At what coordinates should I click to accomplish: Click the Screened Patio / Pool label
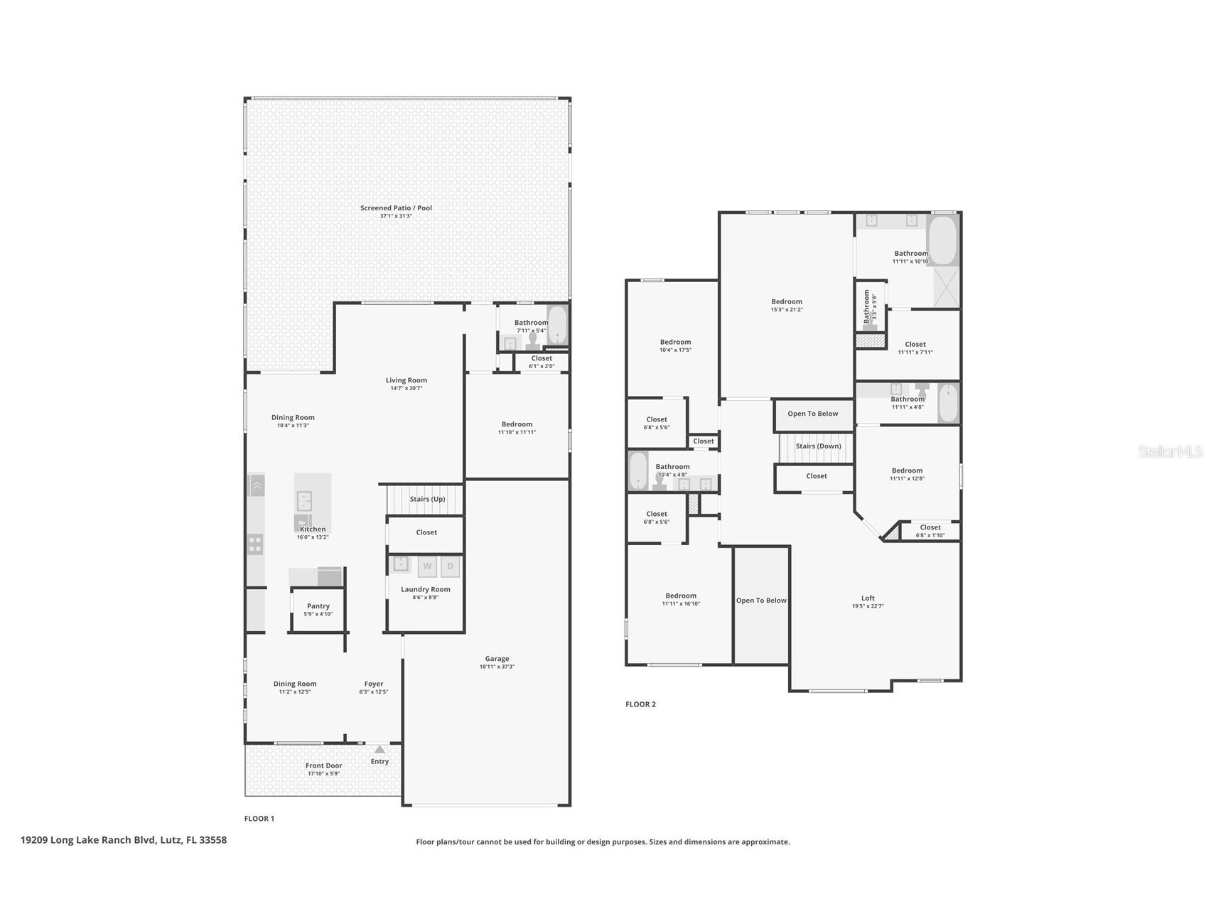pyautogui.click(x=396, y=208)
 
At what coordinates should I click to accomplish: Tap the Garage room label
pyautogui.click(x=497, y=659)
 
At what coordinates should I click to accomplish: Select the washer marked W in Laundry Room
pyautogui.click(x=427, y=566)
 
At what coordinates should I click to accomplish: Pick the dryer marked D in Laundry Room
pyautogui.click(x=450, y=566)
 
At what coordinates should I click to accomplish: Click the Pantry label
pyautogui.click(x=318, y=606)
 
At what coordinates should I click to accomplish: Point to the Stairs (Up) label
pyautogui.click(x=427, y=499)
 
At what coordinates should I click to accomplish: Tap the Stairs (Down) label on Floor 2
pyautogui.click(x=818, y=446)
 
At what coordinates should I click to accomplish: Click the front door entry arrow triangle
pyautogui.click(x=379, y=749)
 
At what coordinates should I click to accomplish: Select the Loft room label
pyautogui.click(x=868, y=598)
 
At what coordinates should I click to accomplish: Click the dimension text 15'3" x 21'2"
pyautogui.click(x=786, y=310)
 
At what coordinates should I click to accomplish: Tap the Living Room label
pyautogui.click(x=407, y=380)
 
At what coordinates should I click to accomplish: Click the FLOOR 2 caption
pyautogui.click(x=640, y=704)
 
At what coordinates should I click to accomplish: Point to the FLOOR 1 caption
pyautogui.click(x=259, y=819)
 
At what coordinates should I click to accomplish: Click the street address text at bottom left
pyautogui.click(x=124, y=840)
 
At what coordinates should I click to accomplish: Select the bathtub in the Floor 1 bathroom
pyautogui.click(x=556, y=325)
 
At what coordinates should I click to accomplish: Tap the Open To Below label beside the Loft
pyautogui.click(x=761, y=601)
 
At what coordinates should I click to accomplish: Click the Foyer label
pyautogui.click(x=374, y=684)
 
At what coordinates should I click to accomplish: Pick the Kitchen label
pyautogui.click(x=313, y=529)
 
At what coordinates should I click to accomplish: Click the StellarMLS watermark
pyautogui.click(x=1170, y=452)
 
